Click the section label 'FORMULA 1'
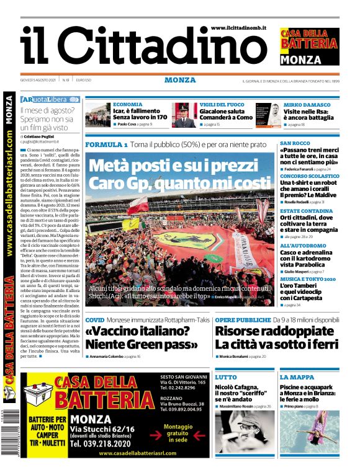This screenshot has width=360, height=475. (106, 144)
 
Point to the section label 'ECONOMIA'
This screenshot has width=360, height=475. (128, 104)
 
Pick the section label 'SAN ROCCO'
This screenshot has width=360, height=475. (295, 143)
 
